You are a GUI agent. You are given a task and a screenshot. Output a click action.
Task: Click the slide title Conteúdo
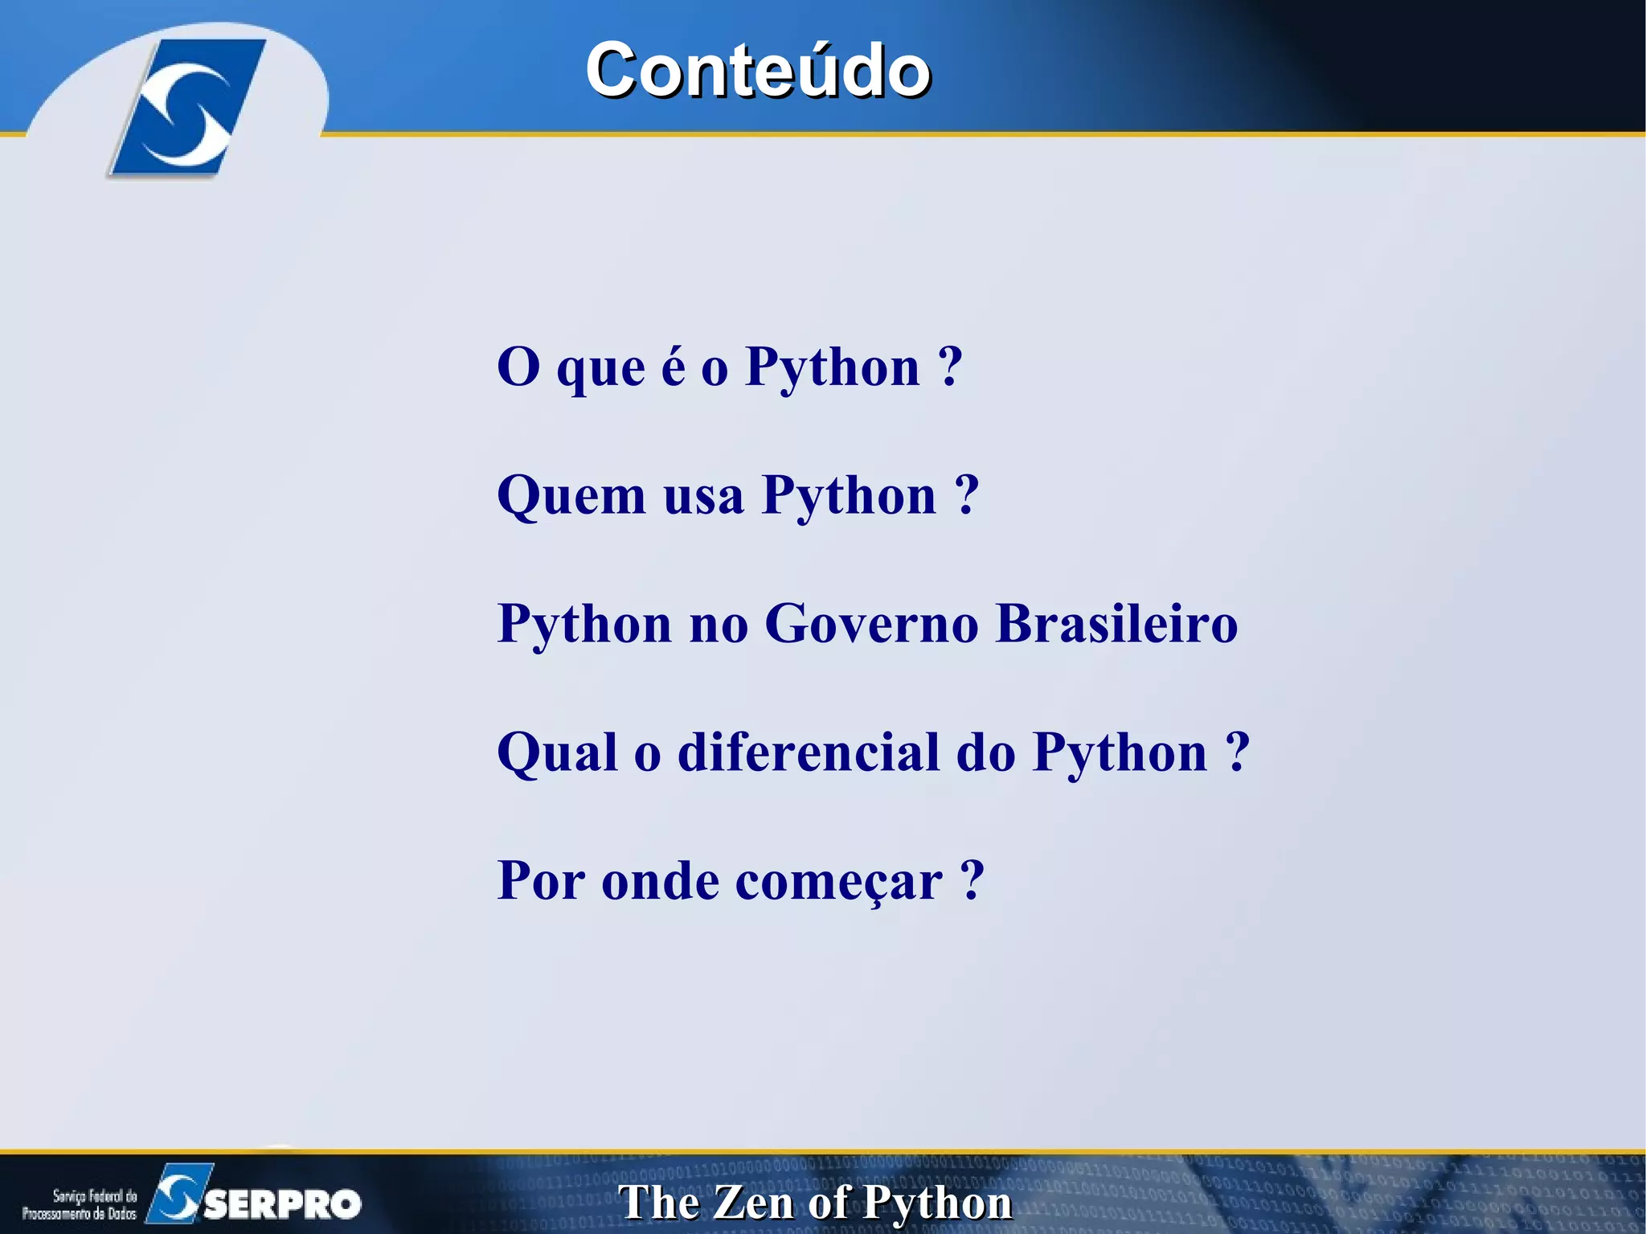click(x=758, y=70)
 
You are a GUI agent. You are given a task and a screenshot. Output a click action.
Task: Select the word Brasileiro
click(x=1116, y=624)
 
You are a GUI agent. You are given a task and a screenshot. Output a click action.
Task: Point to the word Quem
click(x=571, y=496)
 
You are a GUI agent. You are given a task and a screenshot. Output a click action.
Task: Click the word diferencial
click(x=809, y=752)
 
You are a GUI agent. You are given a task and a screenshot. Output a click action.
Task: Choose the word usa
click(x=703, y=496)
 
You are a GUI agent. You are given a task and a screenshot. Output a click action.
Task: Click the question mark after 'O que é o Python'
click(x=950, y=367)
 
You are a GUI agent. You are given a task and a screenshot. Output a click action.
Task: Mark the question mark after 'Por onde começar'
click(x=972, y=882)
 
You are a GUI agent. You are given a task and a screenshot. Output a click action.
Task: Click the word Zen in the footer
click(x=753, y=1203)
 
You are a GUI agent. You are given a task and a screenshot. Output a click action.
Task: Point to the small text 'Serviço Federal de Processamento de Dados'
click(x=80, y=1204)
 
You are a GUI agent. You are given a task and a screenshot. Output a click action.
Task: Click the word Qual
click(x=557, y=752)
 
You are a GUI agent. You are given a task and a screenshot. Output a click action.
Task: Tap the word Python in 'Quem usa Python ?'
click(x=850, y=496)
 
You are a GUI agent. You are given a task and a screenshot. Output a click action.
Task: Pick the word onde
click(x=660, y=882)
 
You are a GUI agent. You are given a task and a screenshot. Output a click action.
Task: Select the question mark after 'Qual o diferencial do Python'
click(x=1238, y=752)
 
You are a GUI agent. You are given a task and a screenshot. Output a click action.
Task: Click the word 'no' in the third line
click(x=719, y=624)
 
